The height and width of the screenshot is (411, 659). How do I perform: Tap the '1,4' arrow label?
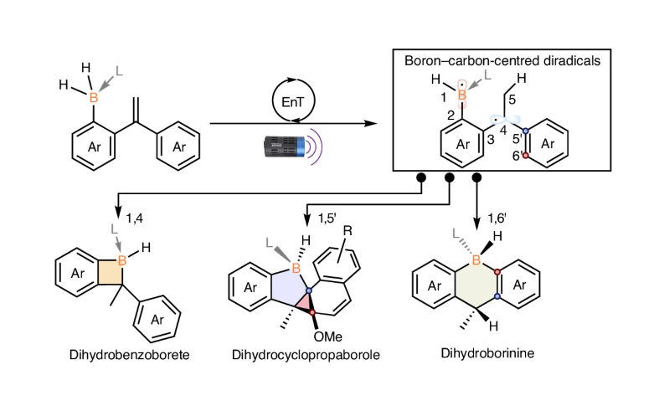tap(136, 218)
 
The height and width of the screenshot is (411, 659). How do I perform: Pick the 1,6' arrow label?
tap(498, 218)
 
